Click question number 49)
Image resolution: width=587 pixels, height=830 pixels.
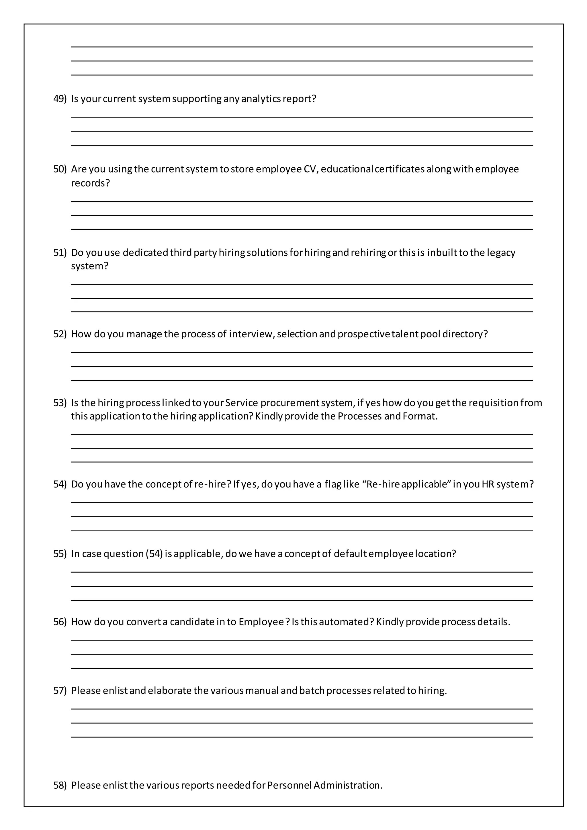[60, 99]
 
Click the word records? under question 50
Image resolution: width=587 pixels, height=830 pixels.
[90, 183]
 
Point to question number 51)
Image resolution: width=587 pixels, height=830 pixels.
[60, 252]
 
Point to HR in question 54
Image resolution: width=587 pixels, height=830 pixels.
[488, 484]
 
